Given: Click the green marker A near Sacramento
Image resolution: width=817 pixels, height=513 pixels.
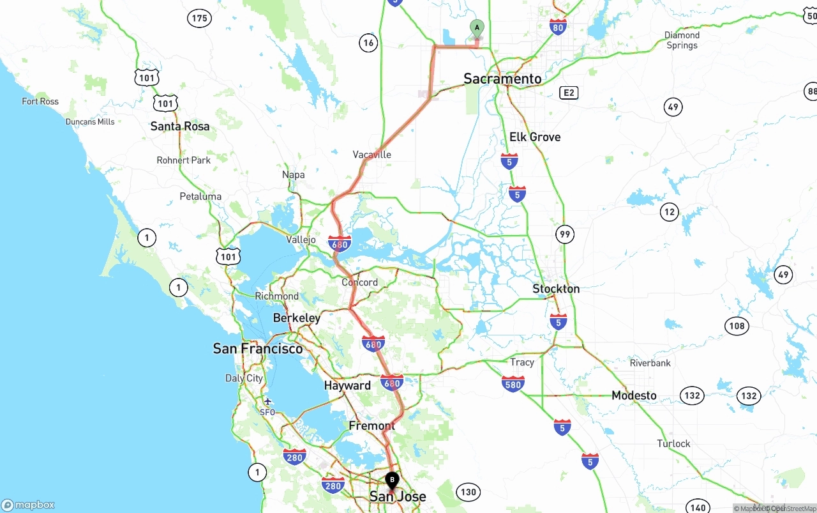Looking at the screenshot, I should click(477, 28).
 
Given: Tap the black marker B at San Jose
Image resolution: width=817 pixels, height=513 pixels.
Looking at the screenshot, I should click(392, 480).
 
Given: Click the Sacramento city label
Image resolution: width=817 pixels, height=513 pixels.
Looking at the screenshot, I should click(502, 79).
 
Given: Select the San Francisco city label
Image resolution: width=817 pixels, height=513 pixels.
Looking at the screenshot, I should click(258, 348).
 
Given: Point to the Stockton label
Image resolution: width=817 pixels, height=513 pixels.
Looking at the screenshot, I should click(556, 289).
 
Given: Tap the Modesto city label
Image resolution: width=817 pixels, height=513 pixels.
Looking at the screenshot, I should click(634, 395).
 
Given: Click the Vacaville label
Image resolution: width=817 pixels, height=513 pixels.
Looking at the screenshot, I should click(371, 155).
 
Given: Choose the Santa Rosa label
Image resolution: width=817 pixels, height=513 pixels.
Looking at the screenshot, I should click(180, 126).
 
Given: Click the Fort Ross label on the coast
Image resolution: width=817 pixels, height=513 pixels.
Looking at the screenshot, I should click(40, 101).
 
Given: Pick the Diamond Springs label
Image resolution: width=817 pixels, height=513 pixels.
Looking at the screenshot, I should click(682, 40).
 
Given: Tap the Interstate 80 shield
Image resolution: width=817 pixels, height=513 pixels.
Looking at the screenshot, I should click(558, 26).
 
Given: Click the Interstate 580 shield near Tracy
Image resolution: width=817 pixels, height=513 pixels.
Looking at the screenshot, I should click(513, 383).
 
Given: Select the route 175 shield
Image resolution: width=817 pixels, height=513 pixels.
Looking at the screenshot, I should click(199, 18).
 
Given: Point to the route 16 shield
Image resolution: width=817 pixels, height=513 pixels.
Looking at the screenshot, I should click(368, 43).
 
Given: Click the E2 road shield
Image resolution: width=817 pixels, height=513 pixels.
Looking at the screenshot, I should click(569, 93).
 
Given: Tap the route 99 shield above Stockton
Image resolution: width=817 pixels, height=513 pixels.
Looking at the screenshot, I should click(565, 234).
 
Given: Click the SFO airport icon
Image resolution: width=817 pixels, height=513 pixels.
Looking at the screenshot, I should click(267, 401).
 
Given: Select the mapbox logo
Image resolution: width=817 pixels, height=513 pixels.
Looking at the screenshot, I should click(28, 505).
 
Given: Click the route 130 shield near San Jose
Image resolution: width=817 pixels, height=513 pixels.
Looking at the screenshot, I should click(468, 492).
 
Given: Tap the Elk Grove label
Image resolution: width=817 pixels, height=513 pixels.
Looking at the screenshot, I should click(535, 137).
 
